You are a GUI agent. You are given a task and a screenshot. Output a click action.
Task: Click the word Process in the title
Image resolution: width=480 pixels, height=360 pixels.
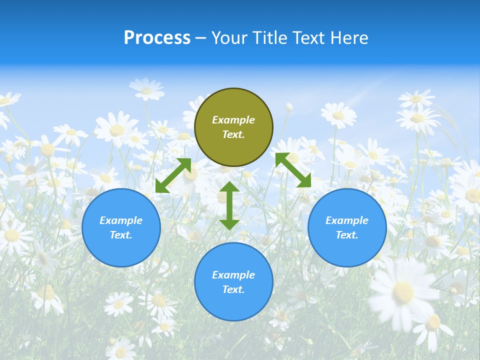click(157, 38)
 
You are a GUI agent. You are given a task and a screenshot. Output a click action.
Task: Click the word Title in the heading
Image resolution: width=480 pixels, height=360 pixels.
click(269, 38)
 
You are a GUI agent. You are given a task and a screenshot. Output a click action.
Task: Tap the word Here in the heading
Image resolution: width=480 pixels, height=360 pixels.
click(349, 38)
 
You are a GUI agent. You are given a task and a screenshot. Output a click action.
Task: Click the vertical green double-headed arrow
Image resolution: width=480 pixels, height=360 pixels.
click(229, 205)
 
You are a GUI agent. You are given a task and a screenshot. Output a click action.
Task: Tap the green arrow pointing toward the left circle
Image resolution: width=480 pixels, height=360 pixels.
click(173, 175)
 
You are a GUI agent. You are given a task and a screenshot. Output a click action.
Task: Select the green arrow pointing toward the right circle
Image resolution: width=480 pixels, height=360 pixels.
click(293, 170)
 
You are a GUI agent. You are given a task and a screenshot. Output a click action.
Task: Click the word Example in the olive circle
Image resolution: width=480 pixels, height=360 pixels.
click(233, 120)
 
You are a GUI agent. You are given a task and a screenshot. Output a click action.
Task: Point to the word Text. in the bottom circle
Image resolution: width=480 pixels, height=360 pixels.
click(233, 289)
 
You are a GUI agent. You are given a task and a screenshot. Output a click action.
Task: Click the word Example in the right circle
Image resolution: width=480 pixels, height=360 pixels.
click(347, 220)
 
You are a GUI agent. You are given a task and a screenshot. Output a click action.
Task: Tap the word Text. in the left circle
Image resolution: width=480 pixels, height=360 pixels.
click(121, 235)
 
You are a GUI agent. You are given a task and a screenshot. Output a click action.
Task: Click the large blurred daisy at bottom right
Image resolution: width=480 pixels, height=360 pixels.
click(403, 292)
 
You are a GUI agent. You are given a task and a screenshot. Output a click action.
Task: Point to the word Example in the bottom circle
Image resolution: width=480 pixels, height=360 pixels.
click(233, 275)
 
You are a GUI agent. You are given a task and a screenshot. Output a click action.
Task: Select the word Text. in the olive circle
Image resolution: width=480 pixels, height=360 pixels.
click(233, 134)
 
